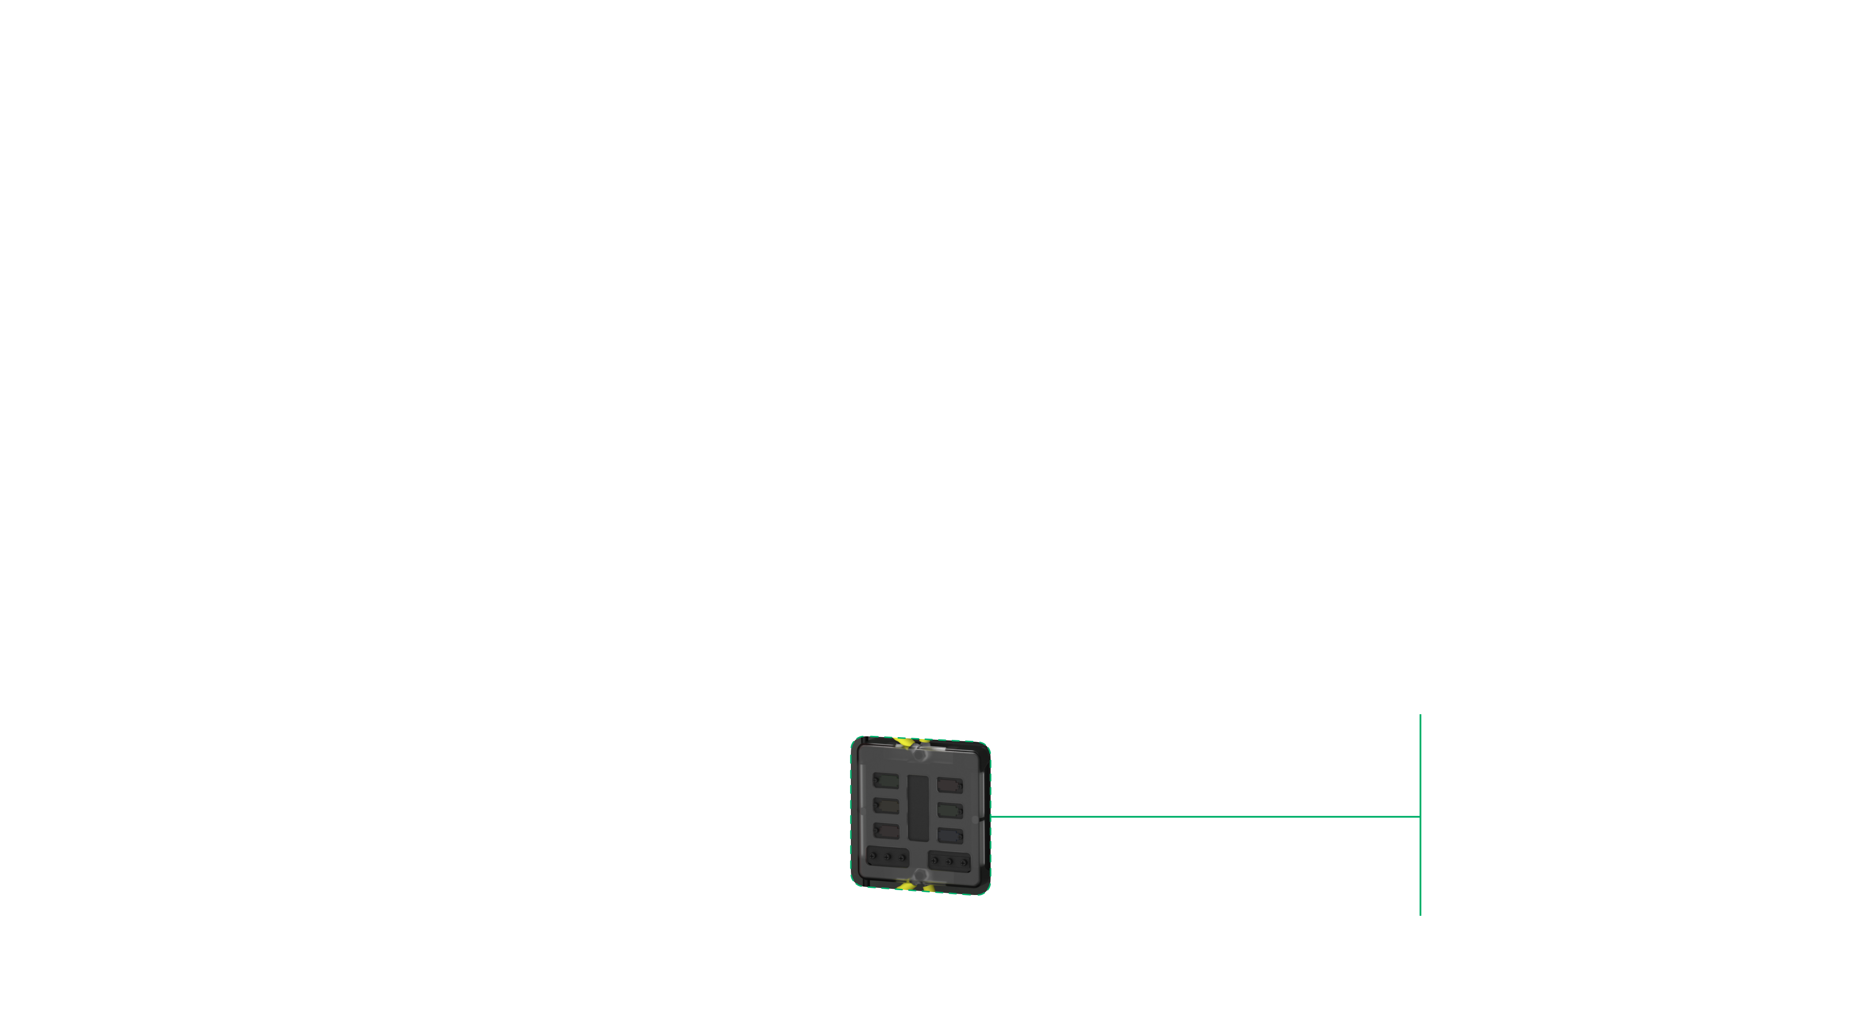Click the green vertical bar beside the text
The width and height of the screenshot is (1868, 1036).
tap(1420, 815)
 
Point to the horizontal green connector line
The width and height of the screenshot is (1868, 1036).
tap(1204, 816)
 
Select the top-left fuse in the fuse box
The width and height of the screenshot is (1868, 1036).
tap(885, 781)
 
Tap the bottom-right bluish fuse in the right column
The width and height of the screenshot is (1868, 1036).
tap(950, 836)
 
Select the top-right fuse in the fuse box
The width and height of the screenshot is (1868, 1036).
tap(950, 785)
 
